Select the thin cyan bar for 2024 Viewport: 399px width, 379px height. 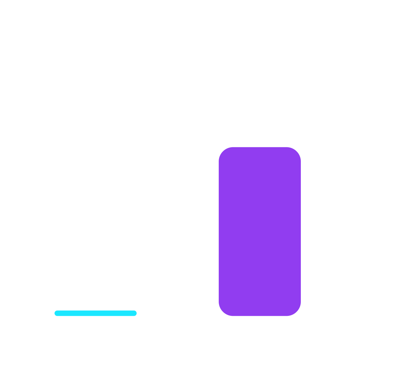pyautogui.click(x=96, y=313)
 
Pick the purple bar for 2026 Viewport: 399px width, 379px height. pyautogui.click(x=260, y=231)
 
